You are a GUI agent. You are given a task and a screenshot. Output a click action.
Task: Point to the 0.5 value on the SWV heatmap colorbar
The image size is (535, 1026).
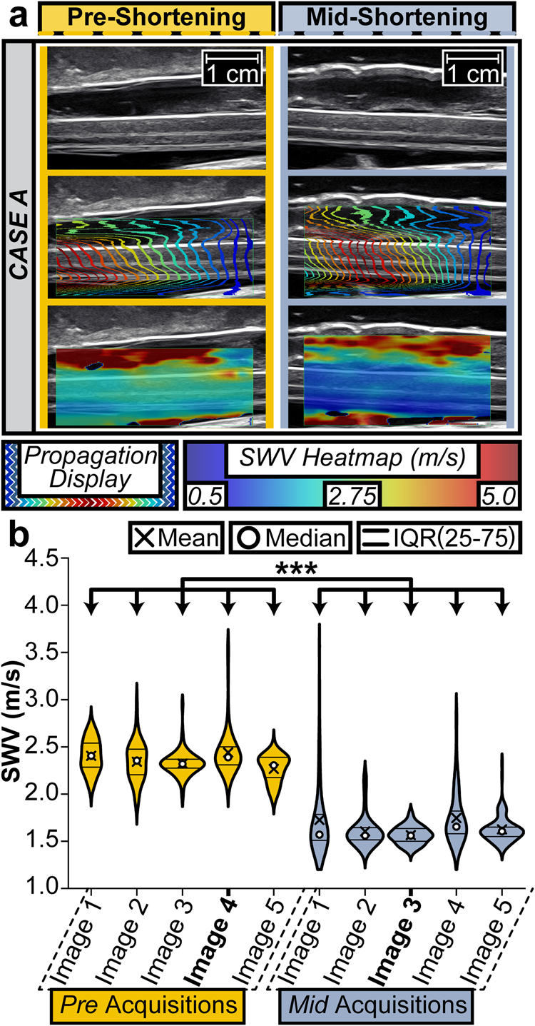click(204, 496)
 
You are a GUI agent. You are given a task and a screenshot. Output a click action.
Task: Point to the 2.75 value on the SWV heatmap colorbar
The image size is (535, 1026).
click(353, 496)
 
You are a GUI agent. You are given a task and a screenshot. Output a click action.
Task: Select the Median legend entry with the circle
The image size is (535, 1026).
click(292, 537)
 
